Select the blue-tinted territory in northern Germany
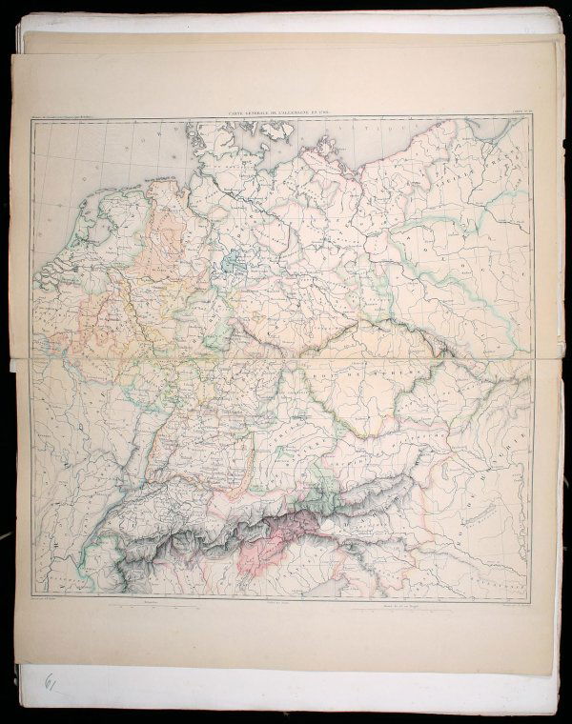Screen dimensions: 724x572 pos(234,264)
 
